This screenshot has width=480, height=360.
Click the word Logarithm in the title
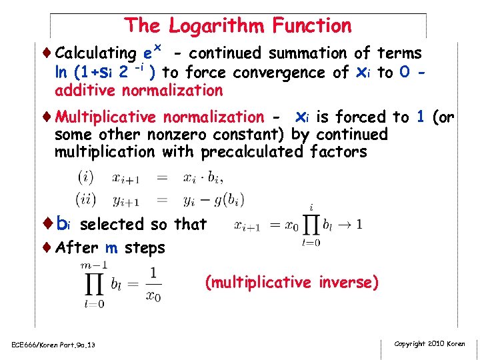(x=217, y=26)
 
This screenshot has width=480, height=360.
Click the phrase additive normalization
(x=139, y=90)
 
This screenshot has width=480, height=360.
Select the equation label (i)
(x=85, y=178)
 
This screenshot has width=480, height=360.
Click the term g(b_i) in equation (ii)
(x=229, y=199)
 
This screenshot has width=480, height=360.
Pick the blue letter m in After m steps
(x=111, y=248)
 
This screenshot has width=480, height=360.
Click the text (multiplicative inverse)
(x=292, y=283)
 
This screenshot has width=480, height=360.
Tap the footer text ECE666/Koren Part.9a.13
(x=53, y=344)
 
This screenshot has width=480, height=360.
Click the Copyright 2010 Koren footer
(x=430, y=343)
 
